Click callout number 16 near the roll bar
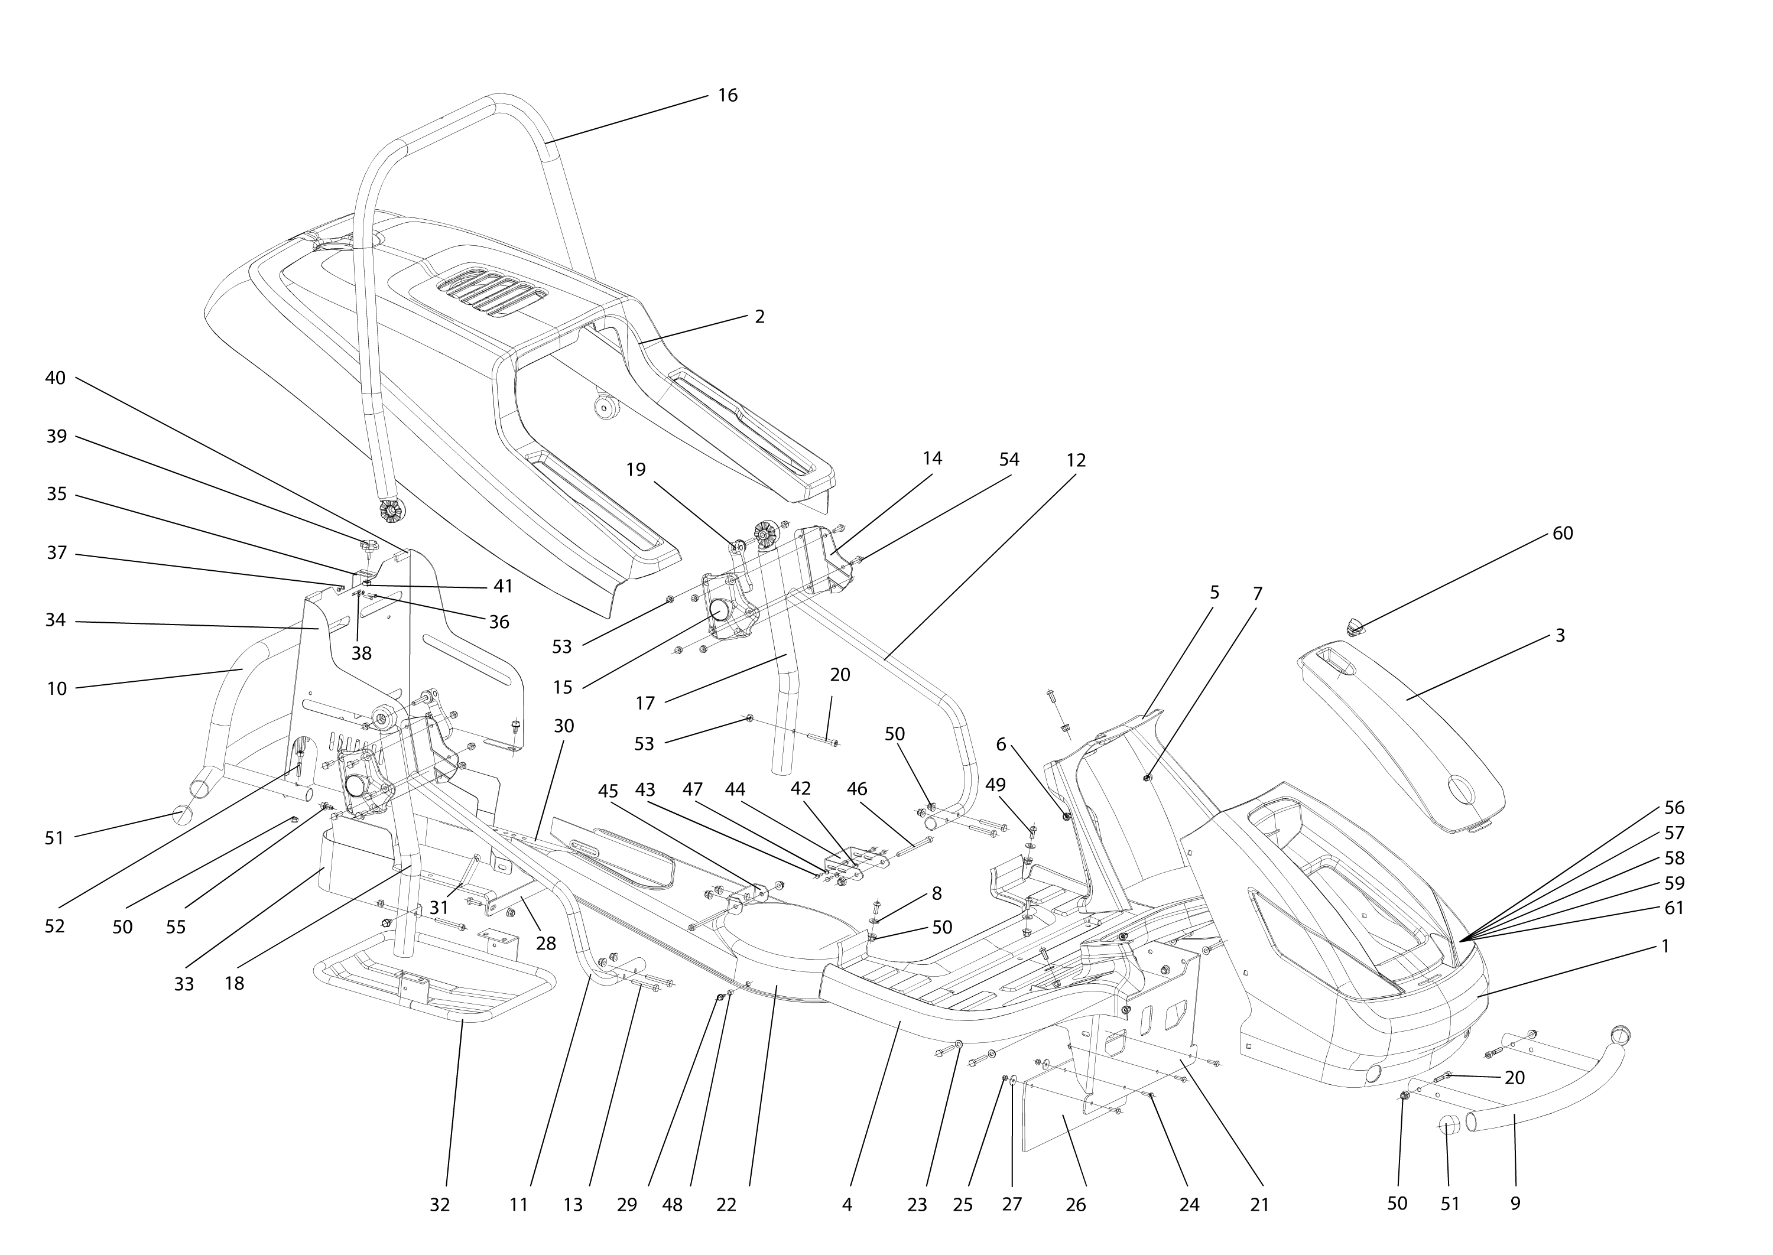728,96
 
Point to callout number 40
56,379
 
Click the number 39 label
56,437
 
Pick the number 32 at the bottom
439,1205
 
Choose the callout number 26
1075,1205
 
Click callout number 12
1075,460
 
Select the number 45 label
608,791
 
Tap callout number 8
937,893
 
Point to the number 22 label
726,1205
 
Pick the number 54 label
1009,460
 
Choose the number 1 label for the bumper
1665,946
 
